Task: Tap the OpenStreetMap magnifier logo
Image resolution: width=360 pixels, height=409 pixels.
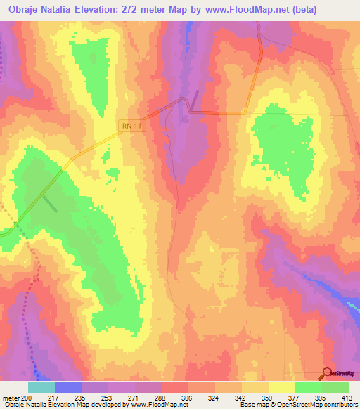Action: (x=328, y=373)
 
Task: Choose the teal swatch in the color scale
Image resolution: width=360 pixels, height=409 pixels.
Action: (x=41, y=387)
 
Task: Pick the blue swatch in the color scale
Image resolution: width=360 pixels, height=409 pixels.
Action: (x=68, y=387)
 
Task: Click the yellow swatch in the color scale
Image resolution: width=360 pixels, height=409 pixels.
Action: (x=281, y=387)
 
